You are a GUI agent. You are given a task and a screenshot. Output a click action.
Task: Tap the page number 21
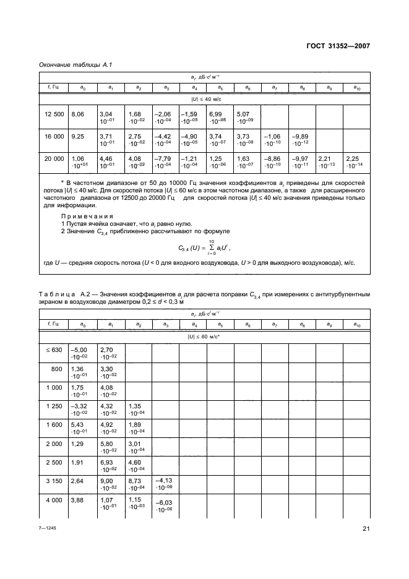point(365,529)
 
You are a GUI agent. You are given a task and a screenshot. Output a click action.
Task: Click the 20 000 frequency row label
point(54,159)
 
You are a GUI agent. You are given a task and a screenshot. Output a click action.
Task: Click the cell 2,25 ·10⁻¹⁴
point(356,163)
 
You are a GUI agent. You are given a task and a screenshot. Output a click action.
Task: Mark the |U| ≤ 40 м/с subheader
point(205,99)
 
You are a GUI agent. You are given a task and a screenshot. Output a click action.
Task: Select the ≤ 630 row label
point(54,350)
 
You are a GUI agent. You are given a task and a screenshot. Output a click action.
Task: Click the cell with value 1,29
point(78,445)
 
